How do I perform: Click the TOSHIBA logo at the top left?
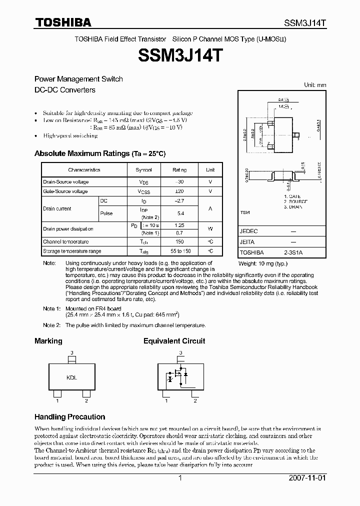(62, 22)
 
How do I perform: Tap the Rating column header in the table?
(179, 170)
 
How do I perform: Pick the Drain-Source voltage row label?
(65, 182)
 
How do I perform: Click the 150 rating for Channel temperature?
(179, 241)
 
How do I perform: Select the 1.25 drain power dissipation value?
(179, 225)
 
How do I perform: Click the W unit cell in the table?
(210, 229)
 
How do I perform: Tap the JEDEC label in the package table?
(248, 232)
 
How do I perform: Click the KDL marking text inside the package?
(71, 378)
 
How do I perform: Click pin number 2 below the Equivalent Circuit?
(195, 400)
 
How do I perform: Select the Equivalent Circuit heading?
(174, 341)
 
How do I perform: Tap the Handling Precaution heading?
(69, 416)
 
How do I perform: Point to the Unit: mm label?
(315, 85)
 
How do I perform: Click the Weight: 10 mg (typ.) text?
(263, 263)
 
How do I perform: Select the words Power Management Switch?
(78, 79)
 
